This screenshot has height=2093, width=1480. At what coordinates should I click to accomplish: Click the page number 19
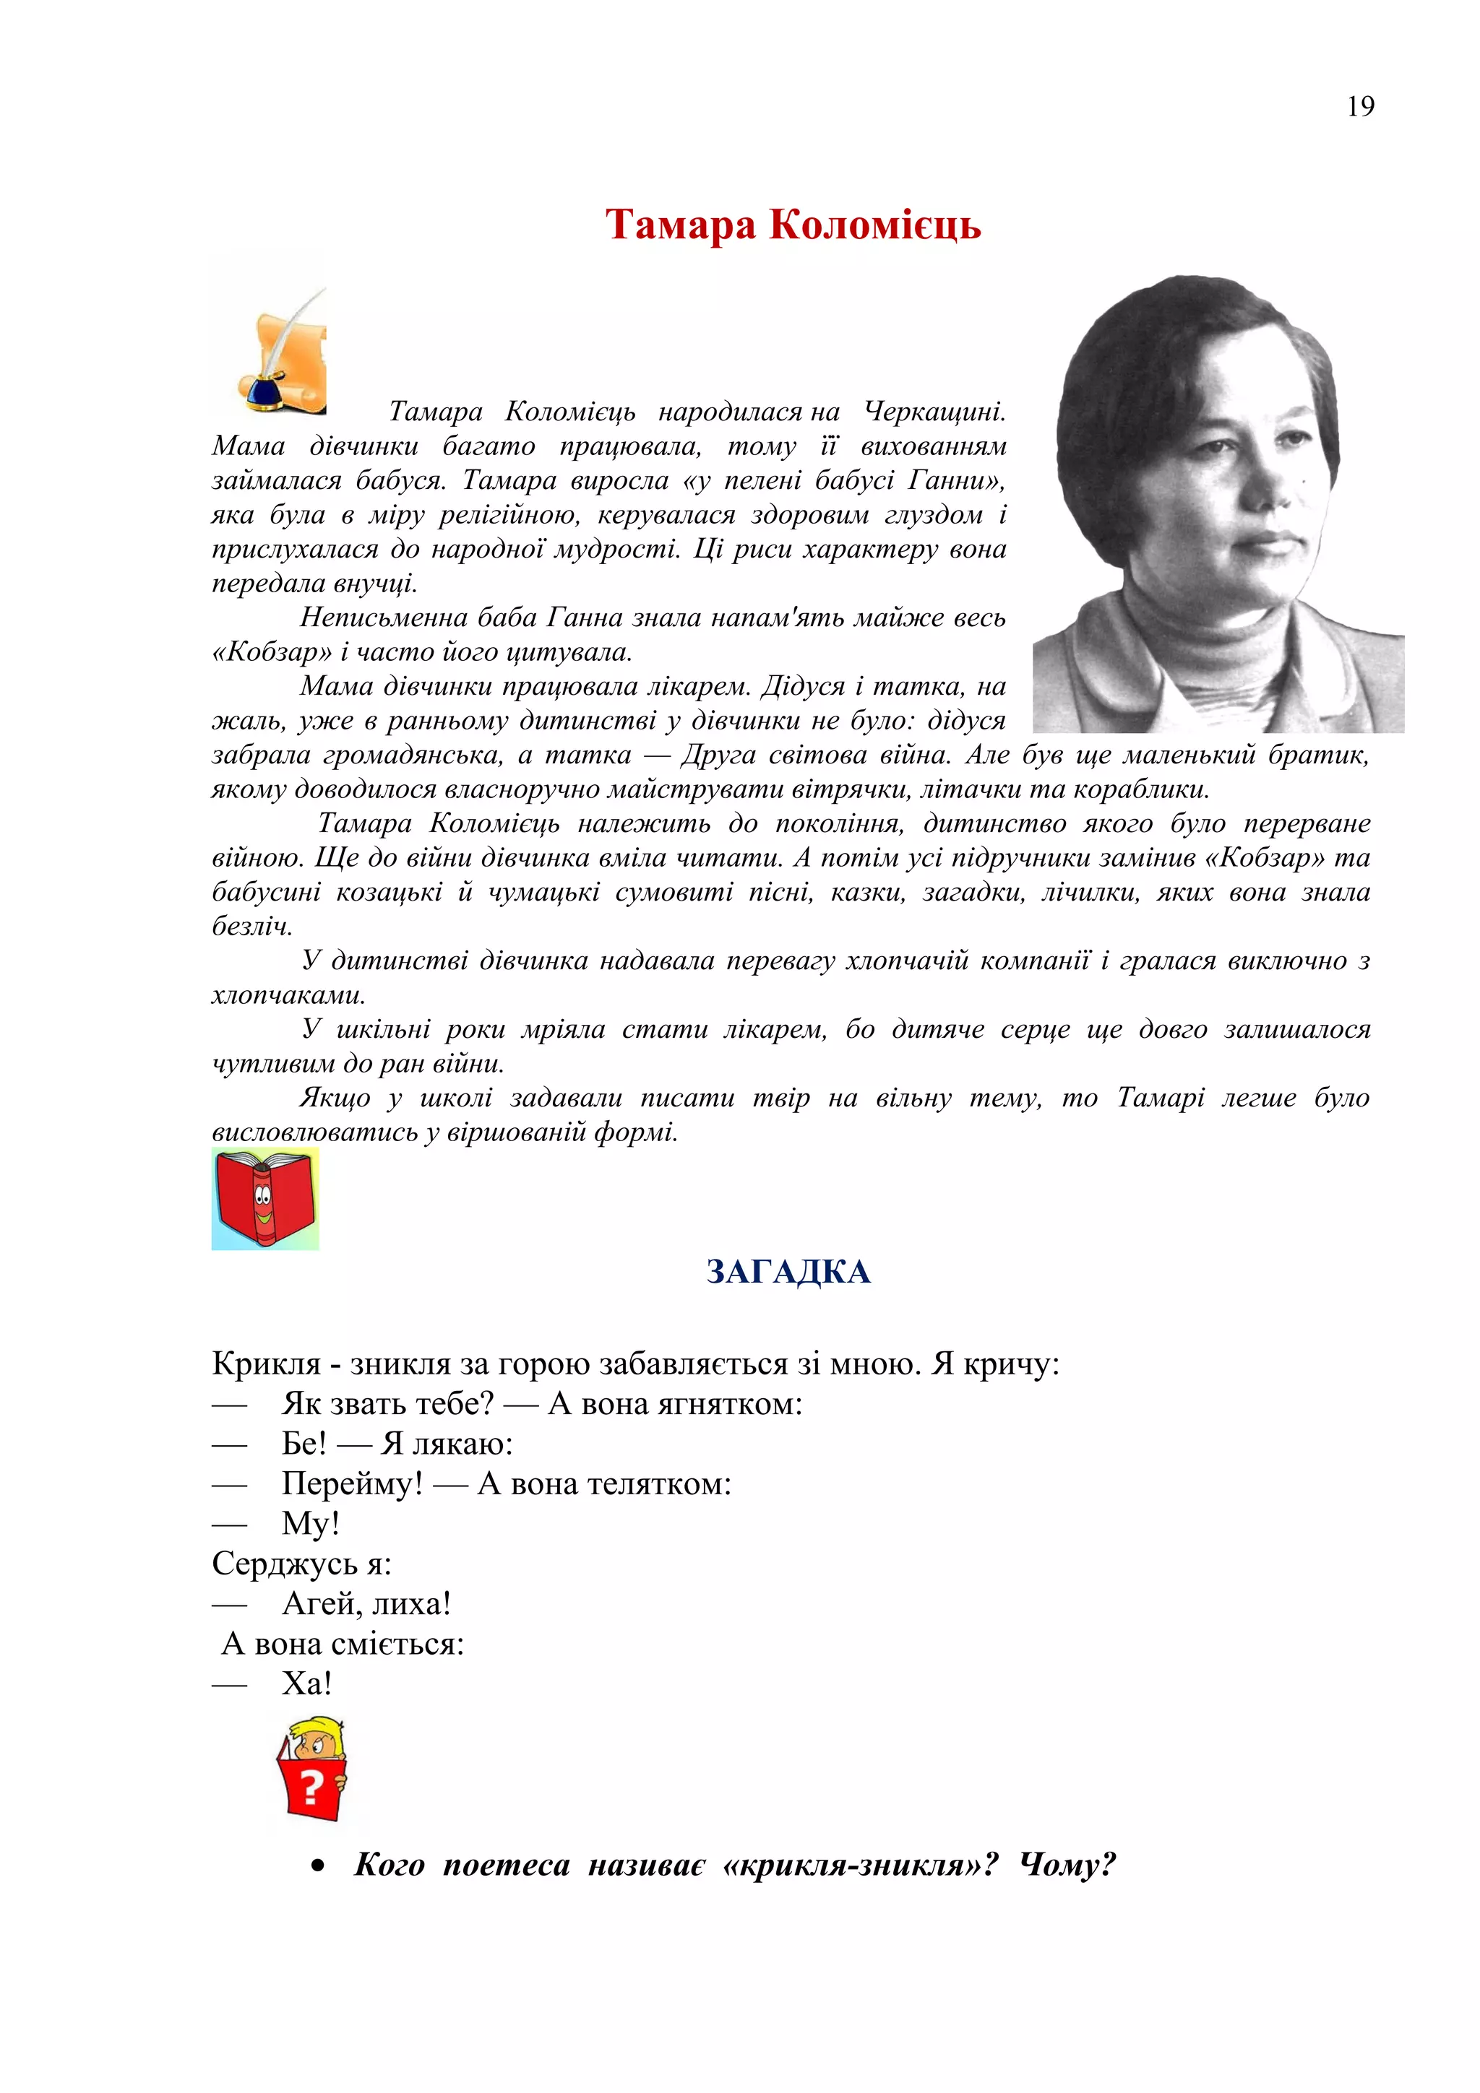(1359, 107)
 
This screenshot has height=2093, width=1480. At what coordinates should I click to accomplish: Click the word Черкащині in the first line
(934, 412)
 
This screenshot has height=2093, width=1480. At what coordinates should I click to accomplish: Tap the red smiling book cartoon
(265, 1198)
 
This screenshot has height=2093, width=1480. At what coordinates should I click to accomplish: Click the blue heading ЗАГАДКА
(788, 1272)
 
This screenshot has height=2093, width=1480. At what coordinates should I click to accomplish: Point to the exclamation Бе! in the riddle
(304, 1444)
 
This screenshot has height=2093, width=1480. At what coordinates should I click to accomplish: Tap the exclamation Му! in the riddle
(310, 1523)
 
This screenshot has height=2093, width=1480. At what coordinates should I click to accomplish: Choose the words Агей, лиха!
(366, 1603)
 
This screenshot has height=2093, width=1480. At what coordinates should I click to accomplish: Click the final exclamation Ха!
(306, 1683)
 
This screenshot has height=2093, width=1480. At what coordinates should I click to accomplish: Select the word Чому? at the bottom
(1067, 1865)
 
